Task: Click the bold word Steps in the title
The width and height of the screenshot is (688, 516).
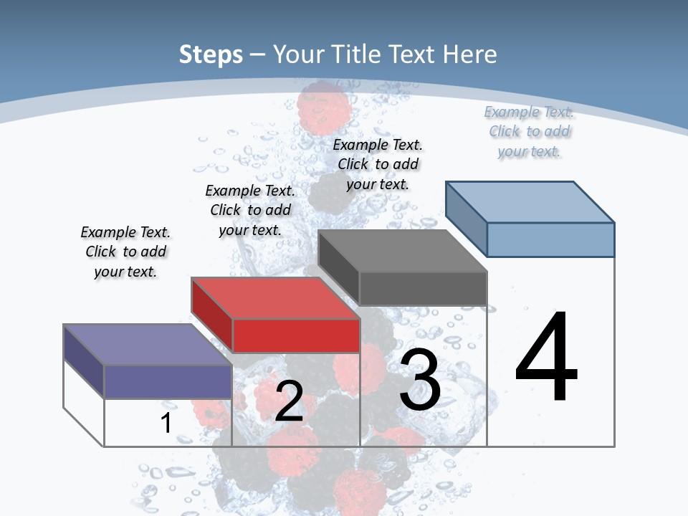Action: coord(211,54)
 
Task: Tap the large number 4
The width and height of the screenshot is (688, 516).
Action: coord(546,358)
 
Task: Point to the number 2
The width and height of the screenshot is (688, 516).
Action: coord(289,401)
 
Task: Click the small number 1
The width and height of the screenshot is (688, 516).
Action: coord(166,424)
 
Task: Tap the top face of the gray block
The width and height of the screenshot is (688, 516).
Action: coord(401,251)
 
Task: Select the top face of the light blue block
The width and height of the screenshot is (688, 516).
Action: coord(530,202)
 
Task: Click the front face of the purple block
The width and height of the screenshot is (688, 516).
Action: coord(168,381)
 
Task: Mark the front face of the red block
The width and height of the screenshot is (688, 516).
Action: coord(296,335)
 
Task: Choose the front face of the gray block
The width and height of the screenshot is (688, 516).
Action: coord(423,288)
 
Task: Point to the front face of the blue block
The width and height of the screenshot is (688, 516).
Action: coord(550,239)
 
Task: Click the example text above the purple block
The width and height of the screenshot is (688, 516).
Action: coord(125,252)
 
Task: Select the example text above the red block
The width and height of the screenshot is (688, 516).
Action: coord(250,210)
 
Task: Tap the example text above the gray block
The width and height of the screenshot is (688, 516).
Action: coord(378,164)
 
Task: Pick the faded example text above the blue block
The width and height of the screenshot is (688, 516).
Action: coord(529,131)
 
